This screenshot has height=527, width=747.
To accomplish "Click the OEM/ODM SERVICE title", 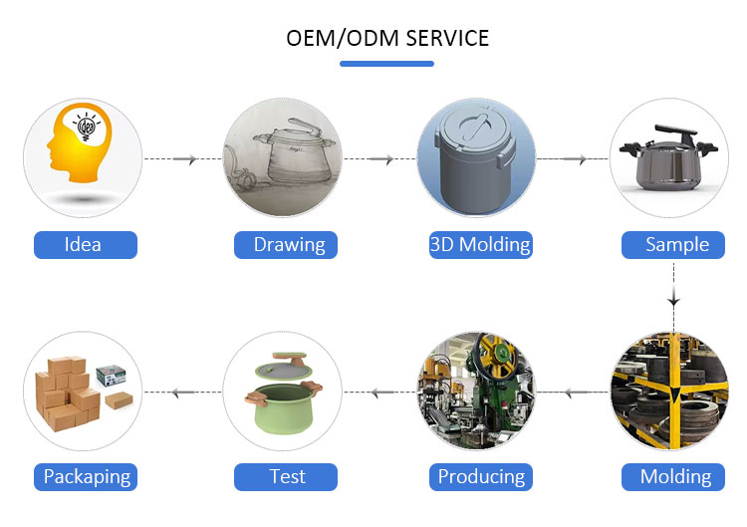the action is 387,38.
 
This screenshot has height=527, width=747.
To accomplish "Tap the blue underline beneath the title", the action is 386,64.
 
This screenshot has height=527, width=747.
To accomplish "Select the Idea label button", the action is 86,245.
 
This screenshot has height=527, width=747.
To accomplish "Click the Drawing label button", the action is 286,245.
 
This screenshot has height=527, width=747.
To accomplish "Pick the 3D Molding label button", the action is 481,245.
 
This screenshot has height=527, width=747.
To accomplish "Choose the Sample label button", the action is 673,245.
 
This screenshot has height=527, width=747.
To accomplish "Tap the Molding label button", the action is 673,477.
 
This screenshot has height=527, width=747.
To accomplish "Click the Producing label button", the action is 481,477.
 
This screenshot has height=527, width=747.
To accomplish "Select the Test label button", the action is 286,477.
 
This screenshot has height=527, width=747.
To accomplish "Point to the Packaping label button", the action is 86,477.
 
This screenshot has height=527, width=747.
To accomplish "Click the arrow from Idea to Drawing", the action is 183,158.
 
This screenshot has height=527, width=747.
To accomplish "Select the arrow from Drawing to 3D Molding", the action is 379,158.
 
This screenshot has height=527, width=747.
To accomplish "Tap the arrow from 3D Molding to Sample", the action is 573,158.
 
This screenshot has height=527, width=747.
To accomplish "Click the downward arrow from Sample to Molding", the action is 673,297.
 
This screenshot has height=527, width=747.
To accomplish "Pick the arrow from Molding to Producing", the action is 573,393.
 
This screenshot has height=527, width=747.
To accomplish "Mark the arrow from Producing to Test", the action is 379,393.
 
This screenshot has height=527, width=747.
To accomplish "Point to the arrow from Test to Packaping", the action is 183,393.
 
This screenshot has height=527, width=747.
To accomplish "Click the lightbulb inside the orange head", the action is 87,127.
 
